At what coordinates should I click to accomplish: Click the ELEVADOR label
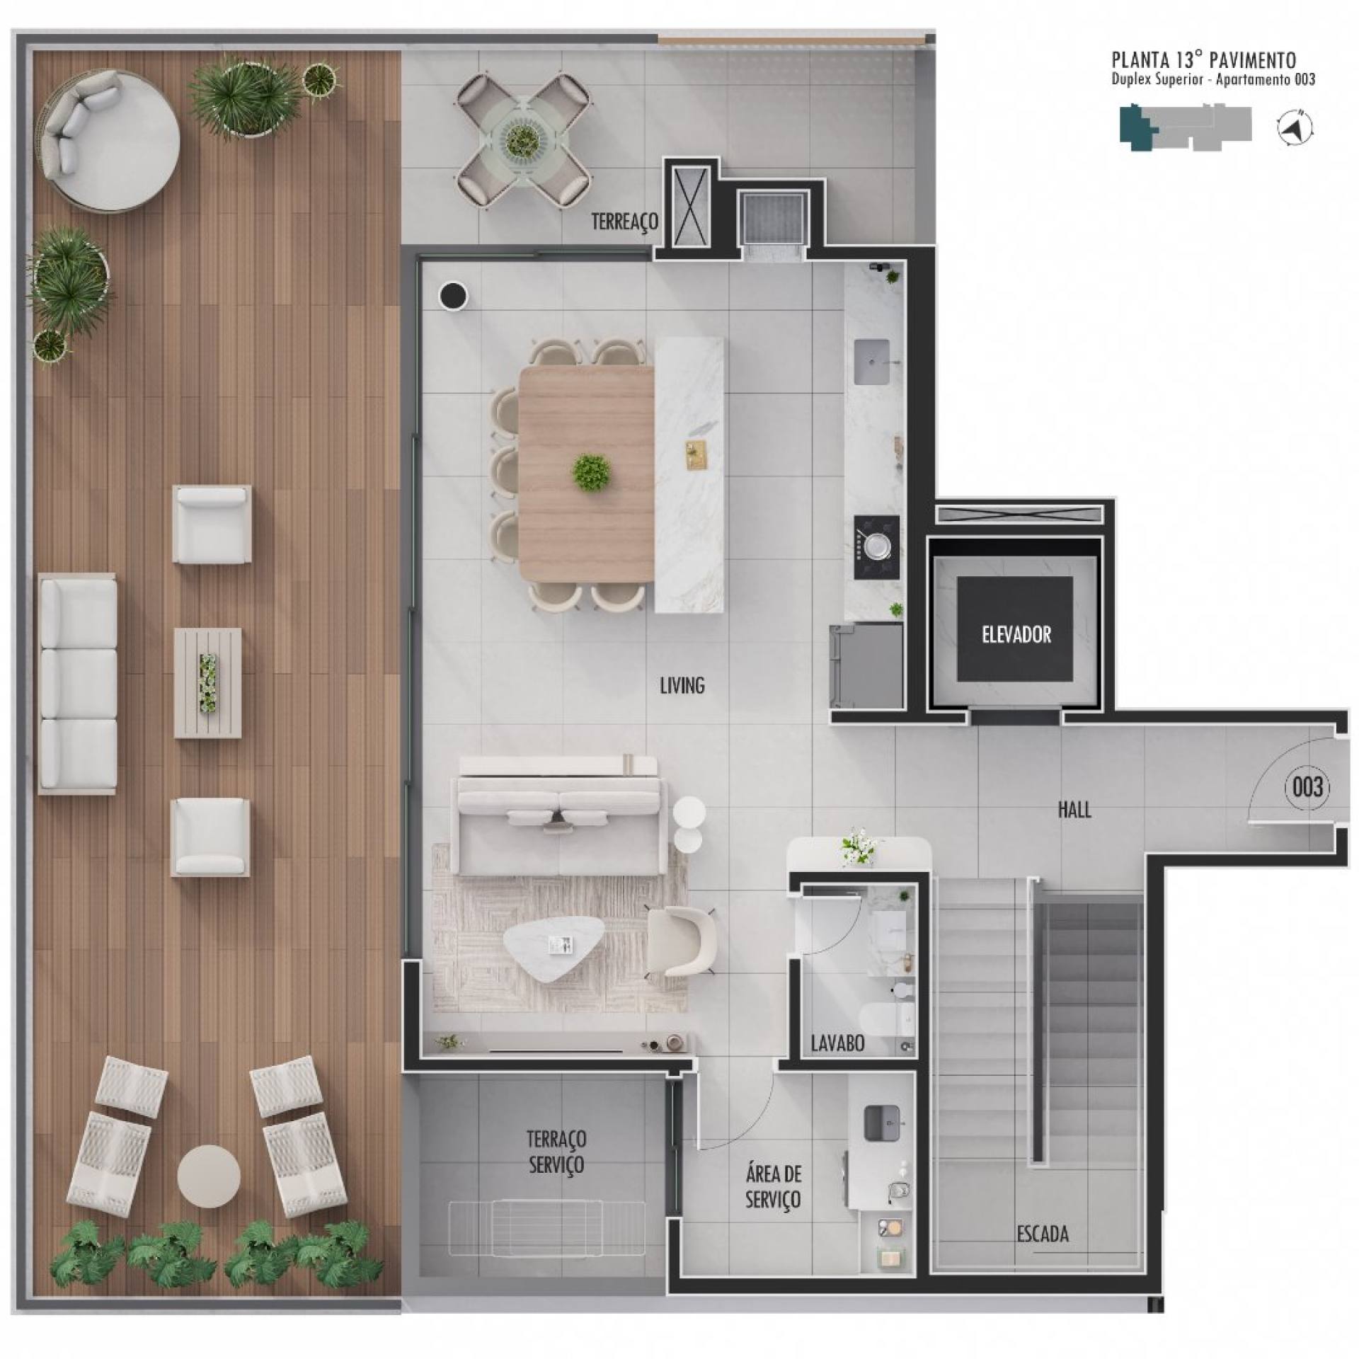1016,634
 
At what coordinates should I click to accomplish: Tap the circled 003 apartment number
1307,787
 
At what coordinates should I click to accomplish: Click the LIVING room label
682,685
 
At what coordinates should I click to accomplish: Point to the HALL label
1074,810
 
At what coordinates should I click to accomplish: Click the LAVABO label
837,1043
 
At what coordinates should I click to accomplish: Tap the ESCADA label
1043,1234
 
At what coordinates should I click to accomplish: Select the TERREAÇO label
625,222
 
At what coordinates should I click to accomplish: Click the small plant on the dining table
592,473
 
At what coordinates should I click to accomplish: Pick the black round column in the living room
453,294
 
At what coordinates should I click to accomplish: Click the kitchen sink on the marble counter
871,362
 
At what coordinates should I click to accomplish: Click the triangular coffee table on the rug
554,949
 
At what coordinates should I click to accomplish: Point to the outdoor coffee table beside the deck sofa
207,683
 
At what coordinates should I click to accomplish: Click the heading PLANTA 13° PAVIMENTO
1204,59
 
